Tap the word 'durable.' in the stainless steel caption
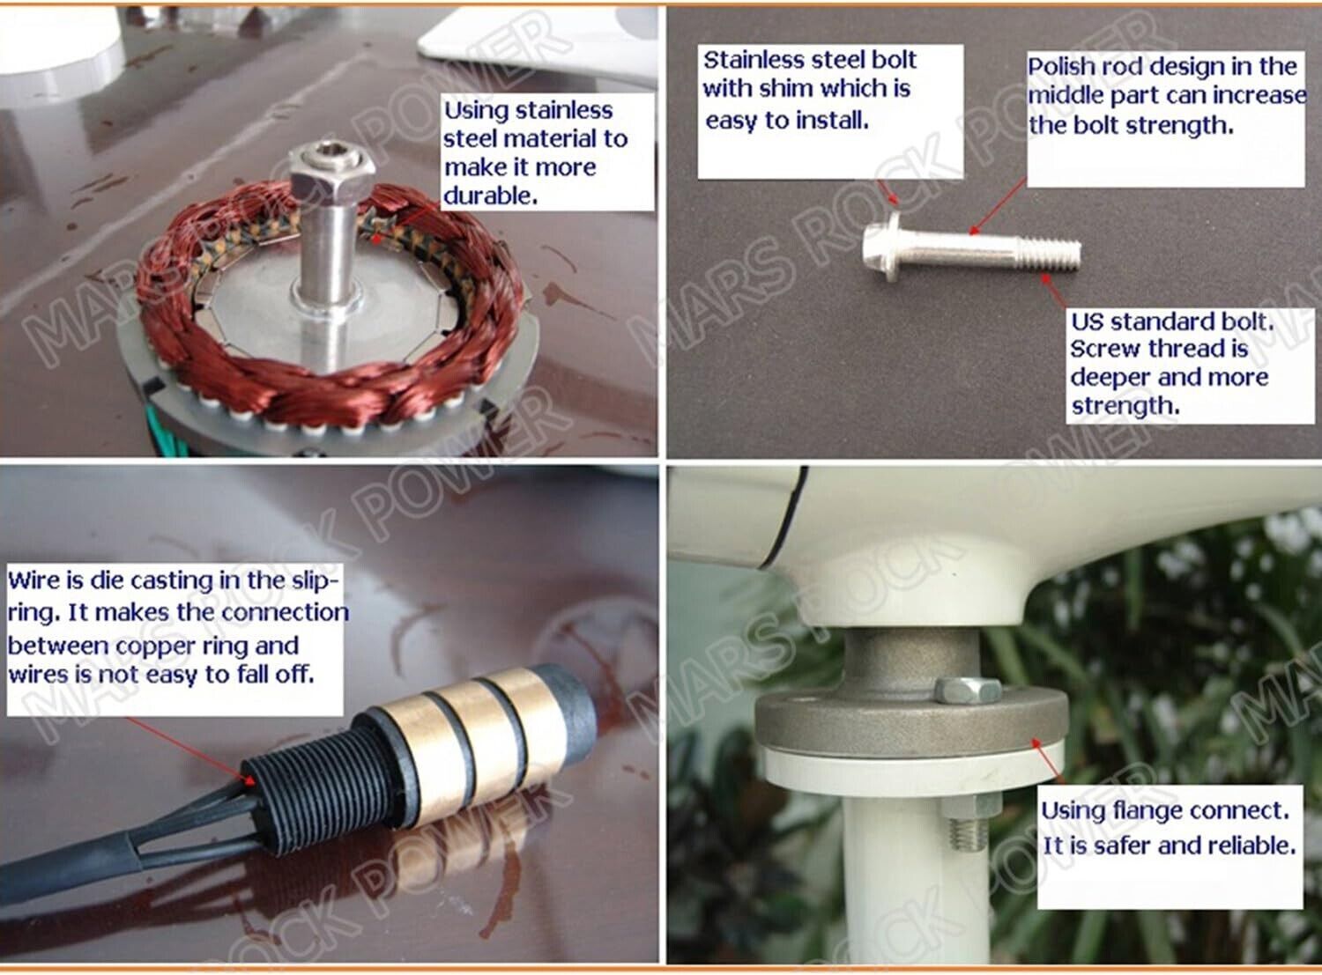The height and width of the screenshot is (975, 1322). coord(491,196)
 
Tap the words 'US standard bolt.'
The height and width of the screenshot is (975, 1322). coord(1172,321)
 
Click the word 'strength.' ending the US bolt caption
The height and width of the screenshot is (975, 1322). coord(1125,406)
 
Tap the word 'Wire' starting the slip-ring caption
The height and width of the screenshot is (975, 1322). coord(34,580)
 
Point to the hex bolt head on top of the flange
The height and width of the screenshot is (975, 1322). coord(968,691)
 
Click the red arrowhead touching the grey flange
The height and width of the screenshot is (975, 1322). coord(1037,744)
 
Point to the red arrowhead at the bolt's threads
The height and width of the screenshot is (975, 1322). coord(1045,279)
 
